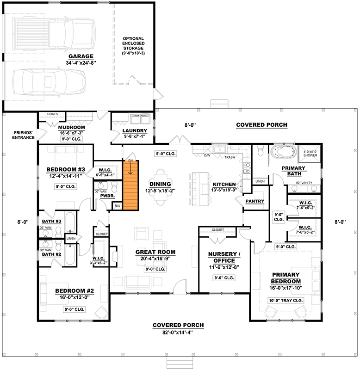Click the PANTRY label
point(254,201)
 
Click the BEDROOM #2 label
point(74,291)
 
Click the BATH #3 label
point(51,221)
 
